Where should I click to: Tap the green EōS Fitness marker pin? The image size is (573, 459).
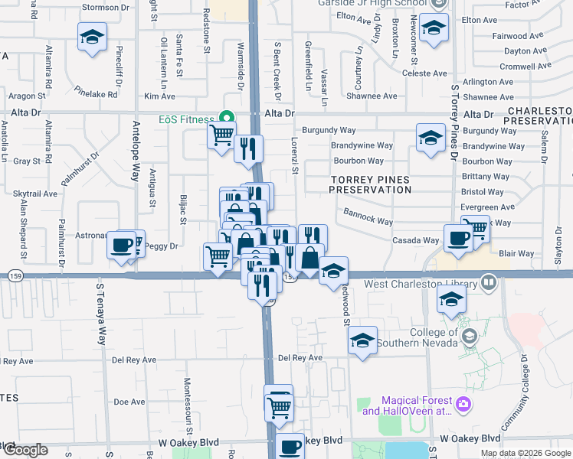pyautogui.click(x=226, y=118)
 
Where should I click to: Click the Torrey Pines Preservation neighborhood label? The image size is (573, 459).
pyautogui.click(x=370, y=184)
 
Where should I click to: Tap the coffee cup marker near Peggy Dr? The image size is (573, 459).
pyautogui.click(x=122, y=246)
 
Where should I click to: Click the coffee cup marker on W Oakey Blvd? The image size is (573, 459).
pyautogui.click(x=290, y=448)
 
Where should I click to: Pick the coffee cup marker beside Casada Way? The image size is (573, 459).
pyautogui.click(x=459, y=238)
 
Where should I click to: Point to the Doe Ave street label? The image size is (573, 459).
pyautogui.click(x=129, y=402)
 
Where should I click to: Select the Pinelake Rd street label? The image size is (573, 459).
pyautogui.click(x=97, y=95)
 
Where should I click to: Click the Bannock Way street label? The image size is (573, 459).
pyautogui.click(x=368, y=216)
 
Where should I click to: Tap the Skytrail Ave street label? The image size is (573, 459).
pyautogui.click(x=35, y=194)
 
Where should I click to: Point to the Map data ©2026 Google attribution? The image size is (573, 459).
pyautogui.click(x=526, y=453)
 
